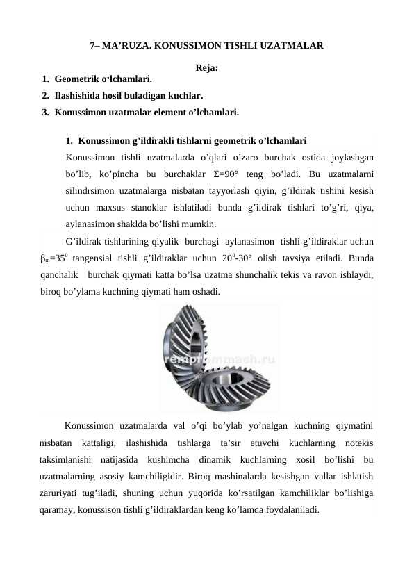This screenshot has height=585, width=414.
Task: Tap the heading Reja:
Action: (207, 68)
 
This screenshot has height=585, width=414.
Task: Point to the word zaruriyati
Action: (62, 493)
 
